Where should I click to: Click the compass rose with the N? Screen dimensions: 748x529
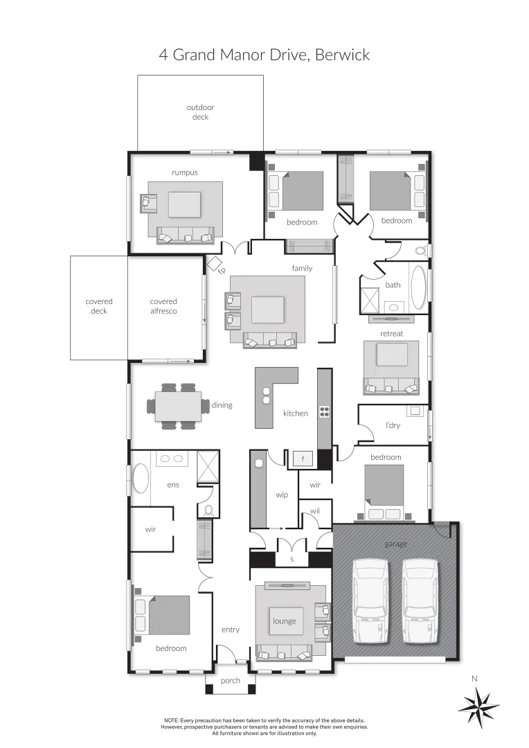pos(478,706)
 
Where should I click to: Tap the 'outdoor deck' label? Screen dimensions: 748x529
pos(200,112)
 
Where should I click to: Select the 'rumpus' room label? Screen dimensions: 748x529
pos(185,172)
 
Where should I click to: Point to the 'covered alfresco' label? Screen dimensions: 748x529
pos(163,306)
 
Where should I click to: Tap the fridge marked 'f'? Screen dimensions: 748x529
pos(303,458)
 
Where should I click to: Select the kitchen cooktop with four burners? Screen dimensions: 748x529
pos(324,411)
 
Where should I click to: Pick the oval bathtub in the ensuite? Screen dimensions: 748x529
pos(141,479)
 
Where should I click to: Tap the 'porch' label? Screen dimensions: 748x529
pos(231,681)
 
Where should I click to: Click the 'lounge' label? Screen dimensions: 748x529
pos(285,621)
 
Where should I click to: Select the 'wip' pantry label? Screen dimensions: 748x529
pos(282,495)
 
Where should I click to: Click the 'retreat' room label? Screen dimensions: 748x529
pos(391,334)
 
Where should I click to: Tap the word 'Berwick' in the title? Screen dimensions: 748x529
pos(342,55)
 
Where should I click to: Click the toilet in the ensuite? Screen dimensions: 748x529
pos(208,511)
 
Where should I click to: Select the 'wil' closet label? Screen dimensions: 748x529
pos(315,510)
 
